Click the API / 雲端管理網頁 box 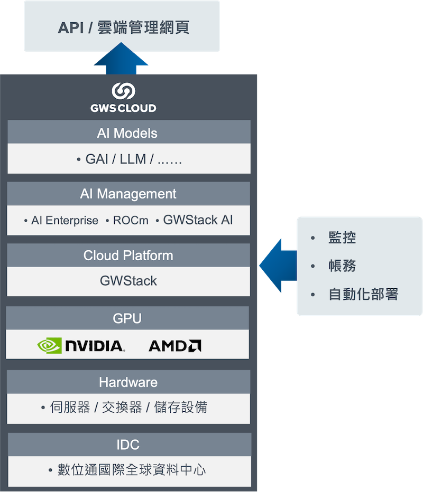[x=122, y=26]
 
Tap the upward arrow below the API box [x=122, y=59]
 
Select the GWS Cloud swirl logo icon [x=123, y=91]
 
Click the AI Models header [x=128, y=133]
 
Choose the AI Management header [x=128, y=194]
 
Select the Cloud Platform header [x=128, y=256]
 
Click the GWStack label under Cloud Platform [x=128, y=281]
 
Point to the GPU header [x=127, y=318]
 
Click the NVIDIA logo [x=81, y=346]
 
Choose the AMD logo [x=174, y=346]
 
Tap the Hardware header [x=128, y=382]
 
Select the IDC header [x=128, y=444]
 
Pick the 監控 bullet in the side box [x=342, y=238]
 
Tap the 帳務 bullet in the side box [x=342, y=266]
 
